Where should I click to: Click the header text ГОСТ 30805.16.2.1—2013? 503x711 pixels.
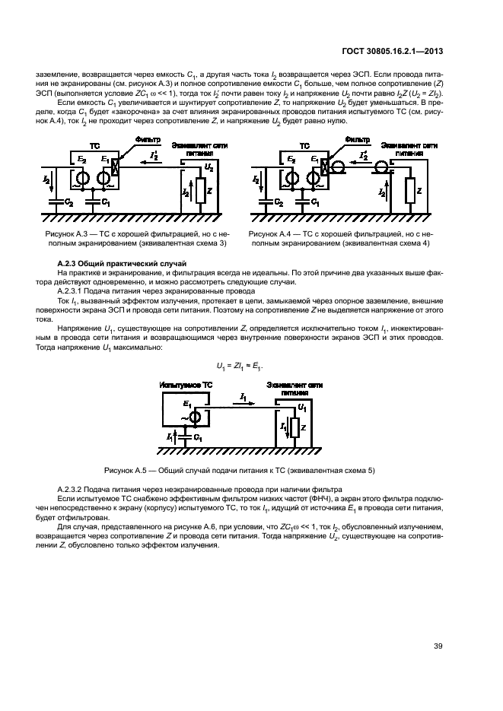tap(390, 51)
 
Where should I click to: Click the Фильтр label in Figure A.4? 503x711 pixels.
tap(357, 141)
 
